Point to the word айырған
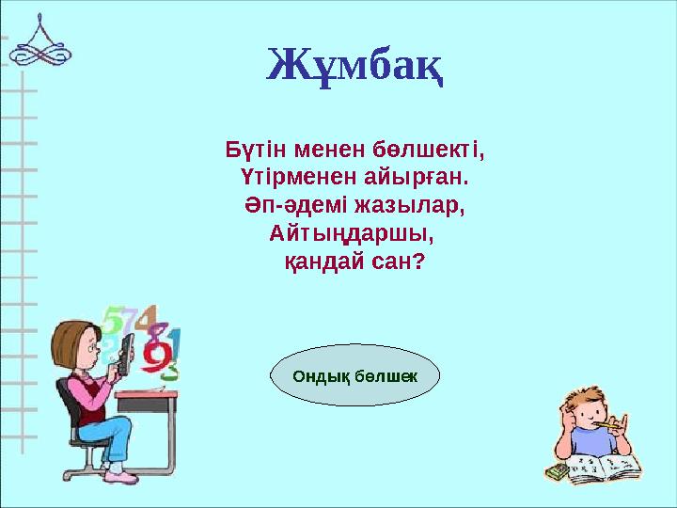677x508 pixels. [417, 177]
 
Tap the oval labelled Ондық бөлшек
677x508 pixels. [354, 375]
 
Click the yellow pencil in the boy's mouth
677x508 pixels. [610, 425]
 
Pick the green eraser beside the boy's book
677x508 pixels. [558, 470]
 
